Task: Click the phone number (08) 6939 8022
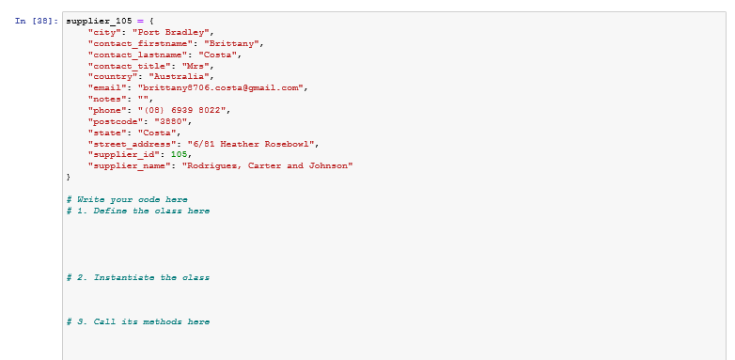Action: (x=181, y=109)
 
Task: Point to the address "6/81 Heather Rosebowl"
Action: (x=253, y=143)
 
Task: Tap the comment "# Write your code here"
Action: (x=127, y=199)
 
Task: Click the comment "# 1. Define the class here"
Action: (x=138, y=211)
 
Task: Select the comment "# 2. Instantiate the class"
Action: (x=138, y=277)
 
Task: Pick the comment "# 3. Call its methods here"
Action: (x=138, y=322)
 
